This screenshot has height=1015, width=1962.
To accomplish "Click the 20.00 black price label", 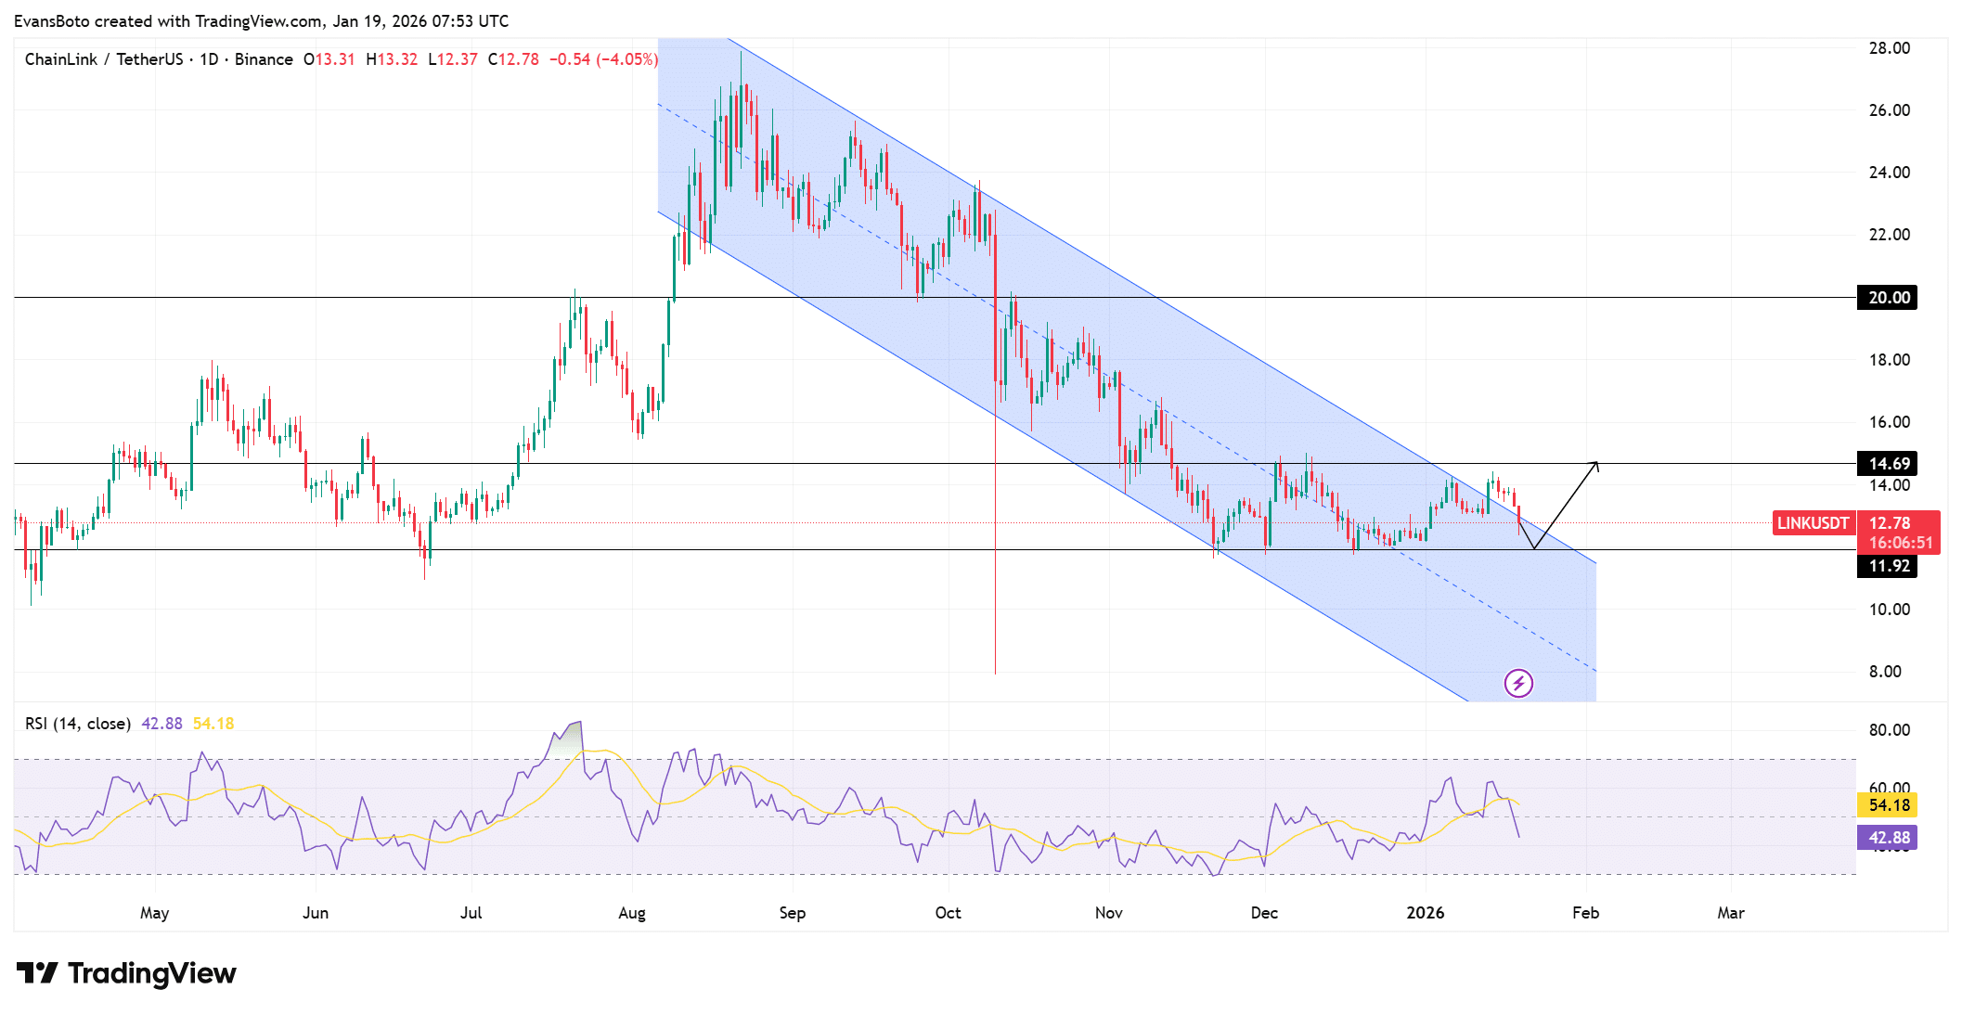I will point(1888,298).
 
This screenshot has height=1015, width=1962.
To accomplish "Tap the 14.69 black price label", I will point(1888,464).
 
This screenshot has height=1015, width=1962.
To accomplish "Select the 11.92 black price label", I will point(1888,566).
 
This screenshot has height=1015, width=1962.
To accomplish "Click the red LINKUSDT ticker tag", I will point(1813,523).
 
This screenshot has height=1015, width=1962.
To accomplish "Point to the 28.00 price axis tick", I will point(1889,48).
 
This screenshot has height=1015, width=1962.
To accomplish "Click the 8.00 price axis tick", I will point(1885,672).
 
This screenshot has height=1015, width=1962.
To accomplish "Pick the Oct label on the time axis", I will point(948,913).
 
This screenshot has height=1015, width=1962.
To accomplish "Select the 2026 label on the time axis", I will point(1425,913).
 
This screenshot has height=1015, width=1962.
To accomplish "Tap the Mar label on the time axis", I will point(1730,913).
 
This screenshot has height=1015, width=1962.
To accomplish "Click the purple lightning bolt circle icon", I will point(1518,684).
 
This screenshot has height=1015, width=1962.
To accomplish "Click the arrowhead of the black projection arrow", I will point(1595,464).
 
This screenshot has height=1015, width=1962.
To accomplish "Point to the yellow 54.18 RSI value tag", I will point(1888,805).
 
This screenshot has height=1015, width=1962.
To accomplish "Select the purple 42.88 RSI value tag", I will point(1888,838).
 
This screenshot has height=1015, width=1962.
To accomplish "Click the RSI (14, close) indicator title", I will point(77,724).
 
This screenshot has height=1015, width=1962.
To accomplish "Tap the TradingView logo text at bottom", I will point(150,973).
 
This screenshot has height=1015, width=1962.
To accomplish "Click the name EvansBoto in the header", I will point(51,20).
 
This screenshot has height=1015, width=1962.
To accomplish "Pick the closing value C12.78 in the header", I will point(513,59).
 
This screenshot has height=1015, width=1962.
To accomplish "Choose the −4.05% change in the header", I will point(627,59).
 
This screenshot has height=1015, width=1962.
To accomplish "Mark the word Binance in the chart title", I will point(264,59).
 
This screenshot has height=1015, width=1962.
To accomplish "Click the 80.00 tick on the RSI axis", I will point(1889,730).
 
